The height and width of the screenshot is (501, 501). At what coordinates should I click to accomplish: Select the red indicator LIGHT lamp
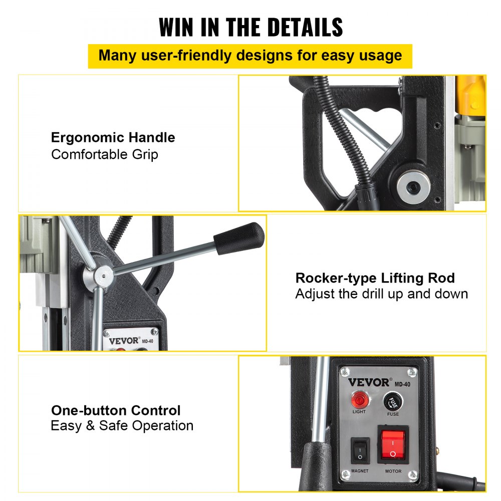click(x=359, y=400)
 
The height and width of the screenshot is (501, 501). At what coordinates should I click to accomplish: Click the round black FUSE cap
click(x=393, y=402)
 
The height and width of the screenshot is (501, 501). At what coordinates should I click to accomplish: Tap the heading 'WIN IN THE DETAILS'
click(x=250, y=27)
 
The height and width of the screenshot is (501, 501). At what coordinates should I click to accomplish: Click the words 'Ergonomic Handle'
click(x=113, y=138)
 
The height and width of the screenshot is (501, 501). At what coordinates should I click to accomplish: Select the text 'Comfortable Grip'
click(x=105, y=154)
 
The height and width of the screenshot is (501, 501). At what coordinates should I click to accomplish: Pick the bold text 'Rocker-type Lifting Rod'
click(x=375, y=278)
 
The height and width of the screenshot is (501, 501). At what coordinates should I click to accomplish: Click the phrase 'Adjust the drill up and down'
click(x=381, y=294)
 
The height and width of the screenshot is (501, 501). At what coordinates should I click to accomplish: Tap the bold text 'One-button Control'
click(x=116, y=410)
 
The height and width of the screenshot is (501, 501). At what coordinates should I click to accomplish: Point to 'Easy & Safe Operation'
click(x=122, y=426)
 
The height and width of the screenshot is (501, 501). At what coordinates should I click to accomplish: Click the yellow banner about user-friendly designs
click(x=250, y=56)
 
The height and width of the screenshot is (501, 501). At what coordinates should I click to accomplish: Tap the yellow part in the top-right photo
click(x=473, y=96)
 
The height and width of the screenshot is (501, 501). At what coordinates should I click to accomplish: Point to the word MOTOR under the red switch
click(x=393, y=471)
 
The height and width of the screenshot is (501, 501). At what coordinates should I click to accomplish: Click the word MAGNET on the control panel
click(x=360, y=471)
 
